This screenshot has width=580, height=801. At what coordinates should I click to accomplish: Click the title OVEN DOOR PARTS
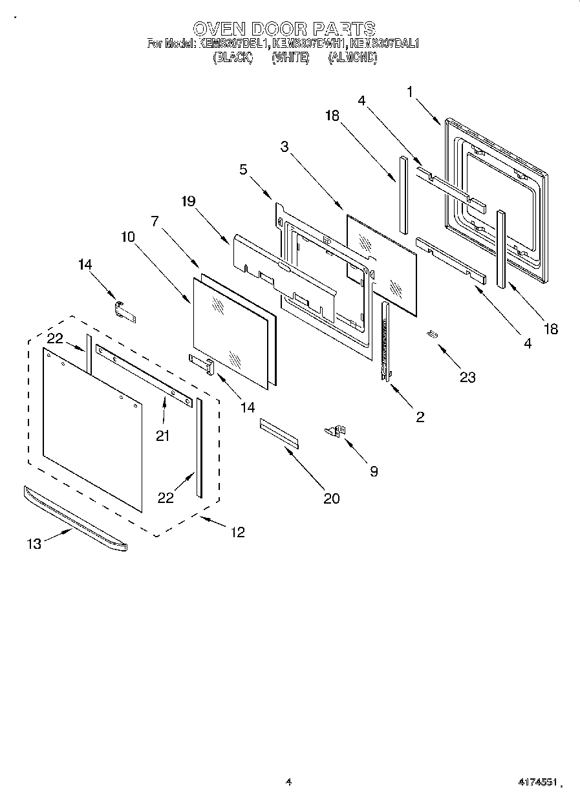[x=285, y=28]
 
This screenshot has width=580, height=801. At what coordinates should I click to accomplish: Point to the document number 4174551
[x=537, y=782]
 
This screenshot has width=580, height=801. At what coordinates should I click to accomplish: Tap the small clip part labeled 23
[x=432, y=334]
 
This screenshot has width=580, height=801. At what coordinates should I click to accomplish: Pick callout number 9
[x=374, y=472]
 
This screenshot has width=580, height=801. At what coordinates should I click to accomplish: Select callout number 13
[x=34, y=544]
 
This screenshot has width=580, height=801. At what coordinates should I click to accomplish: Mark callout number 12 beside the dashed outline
[x=238, y=532]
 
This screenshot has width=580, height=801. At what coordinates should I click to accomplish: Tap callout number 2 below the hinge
[x=420, y=417]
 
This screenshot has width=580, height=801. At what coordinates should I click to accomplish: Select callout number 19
[x=188, y=201]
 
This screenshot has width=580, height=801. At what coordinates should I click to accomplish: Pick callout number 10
[x=127, y=237]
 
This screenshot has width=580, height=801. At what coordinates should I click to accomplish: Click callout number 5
[x=243, y=170]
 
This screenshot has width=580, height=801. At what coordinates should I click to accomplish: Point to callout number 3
[x=284, y=147]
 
